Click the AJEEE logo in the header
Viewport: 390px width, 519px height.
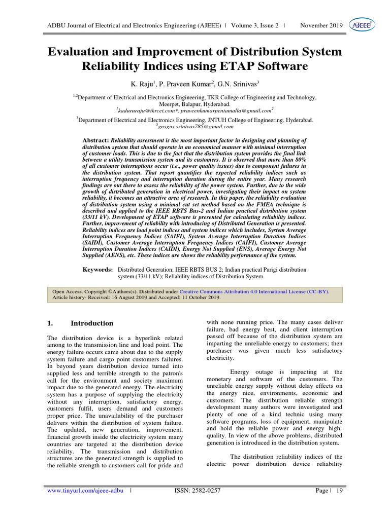[361, 25]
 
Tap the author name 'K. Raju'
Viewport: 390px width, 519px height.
[143, 83]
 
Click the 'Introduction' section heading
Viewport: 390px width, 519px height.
[92, 323]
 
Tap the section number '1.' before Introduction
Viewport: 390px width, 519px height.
[50, 323]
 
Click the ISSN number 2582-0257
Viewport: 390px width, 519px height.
[209, 505]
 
